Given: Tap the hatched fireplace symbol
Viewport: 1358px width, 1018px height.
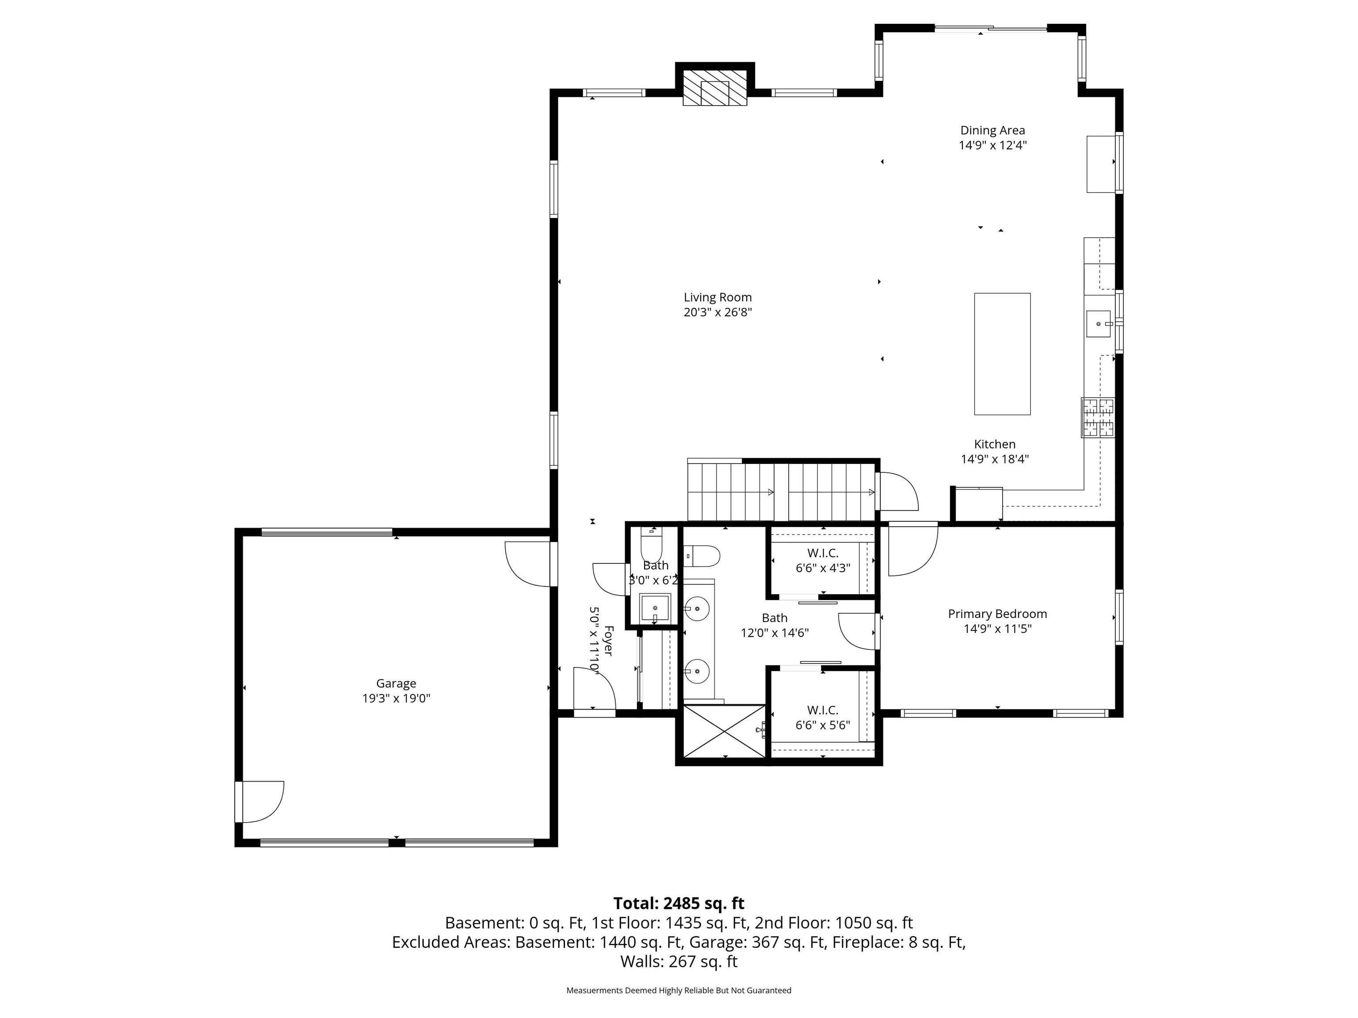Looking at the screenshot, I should [x=715, y=88].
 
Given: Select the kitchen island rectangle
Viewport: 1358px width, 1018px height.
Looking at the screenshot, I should [x=1002, y=354].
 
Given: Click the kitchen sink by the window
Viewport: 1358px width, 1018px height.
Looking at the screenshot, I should [x=1099, y=324].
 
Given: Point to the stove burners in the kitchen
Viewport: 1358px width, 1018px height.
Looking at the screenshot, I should [x=1098, y=418].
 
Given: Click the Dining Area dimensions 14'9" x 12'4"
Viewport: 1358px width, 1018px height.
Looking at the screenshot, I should [x=993, y=145].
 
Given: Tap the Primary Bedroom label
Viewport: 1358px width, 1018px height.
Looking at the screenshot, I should [x=997, y=614].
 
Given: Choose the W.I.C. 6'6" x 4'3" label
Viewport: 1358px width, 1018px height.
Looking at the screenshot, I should [x=823, y=560].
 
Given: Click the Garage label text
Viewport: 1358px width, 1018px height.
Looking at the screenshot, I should [x=396, y=684].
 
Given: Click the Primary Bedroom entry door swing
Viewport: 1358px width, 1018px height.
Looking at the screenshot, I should [x=911, y=549].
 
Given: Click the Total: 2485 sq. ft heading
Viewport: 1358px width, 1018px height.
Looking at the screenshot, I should [x=679, y=903].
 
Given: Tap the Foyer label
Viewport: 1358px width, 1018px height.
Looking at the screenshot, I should [x=608, y=641].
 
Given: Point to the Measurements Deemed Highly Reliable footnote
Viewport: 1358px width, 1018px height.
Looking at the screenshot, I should [x=679, y=991].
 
